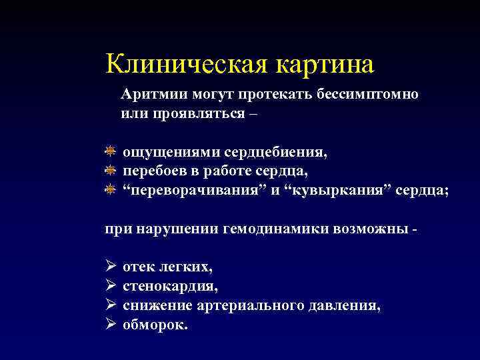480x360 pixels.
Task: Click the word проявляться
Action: [189, 113]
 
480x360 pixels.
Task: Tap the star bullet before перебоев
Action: [111, 171]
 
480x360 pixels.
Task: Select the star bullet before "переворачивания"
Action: [111, 191]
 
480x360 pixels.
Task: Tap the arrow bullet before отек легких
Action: [111, 267]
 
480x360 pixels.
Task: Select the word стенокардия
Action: [170, 287]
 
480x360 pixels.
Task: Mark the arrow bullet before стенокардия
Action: [111, 287]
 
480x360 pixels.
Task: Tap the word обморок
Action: [155, 325]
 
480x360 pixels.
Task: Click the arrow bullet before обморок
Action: [111, 325]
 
